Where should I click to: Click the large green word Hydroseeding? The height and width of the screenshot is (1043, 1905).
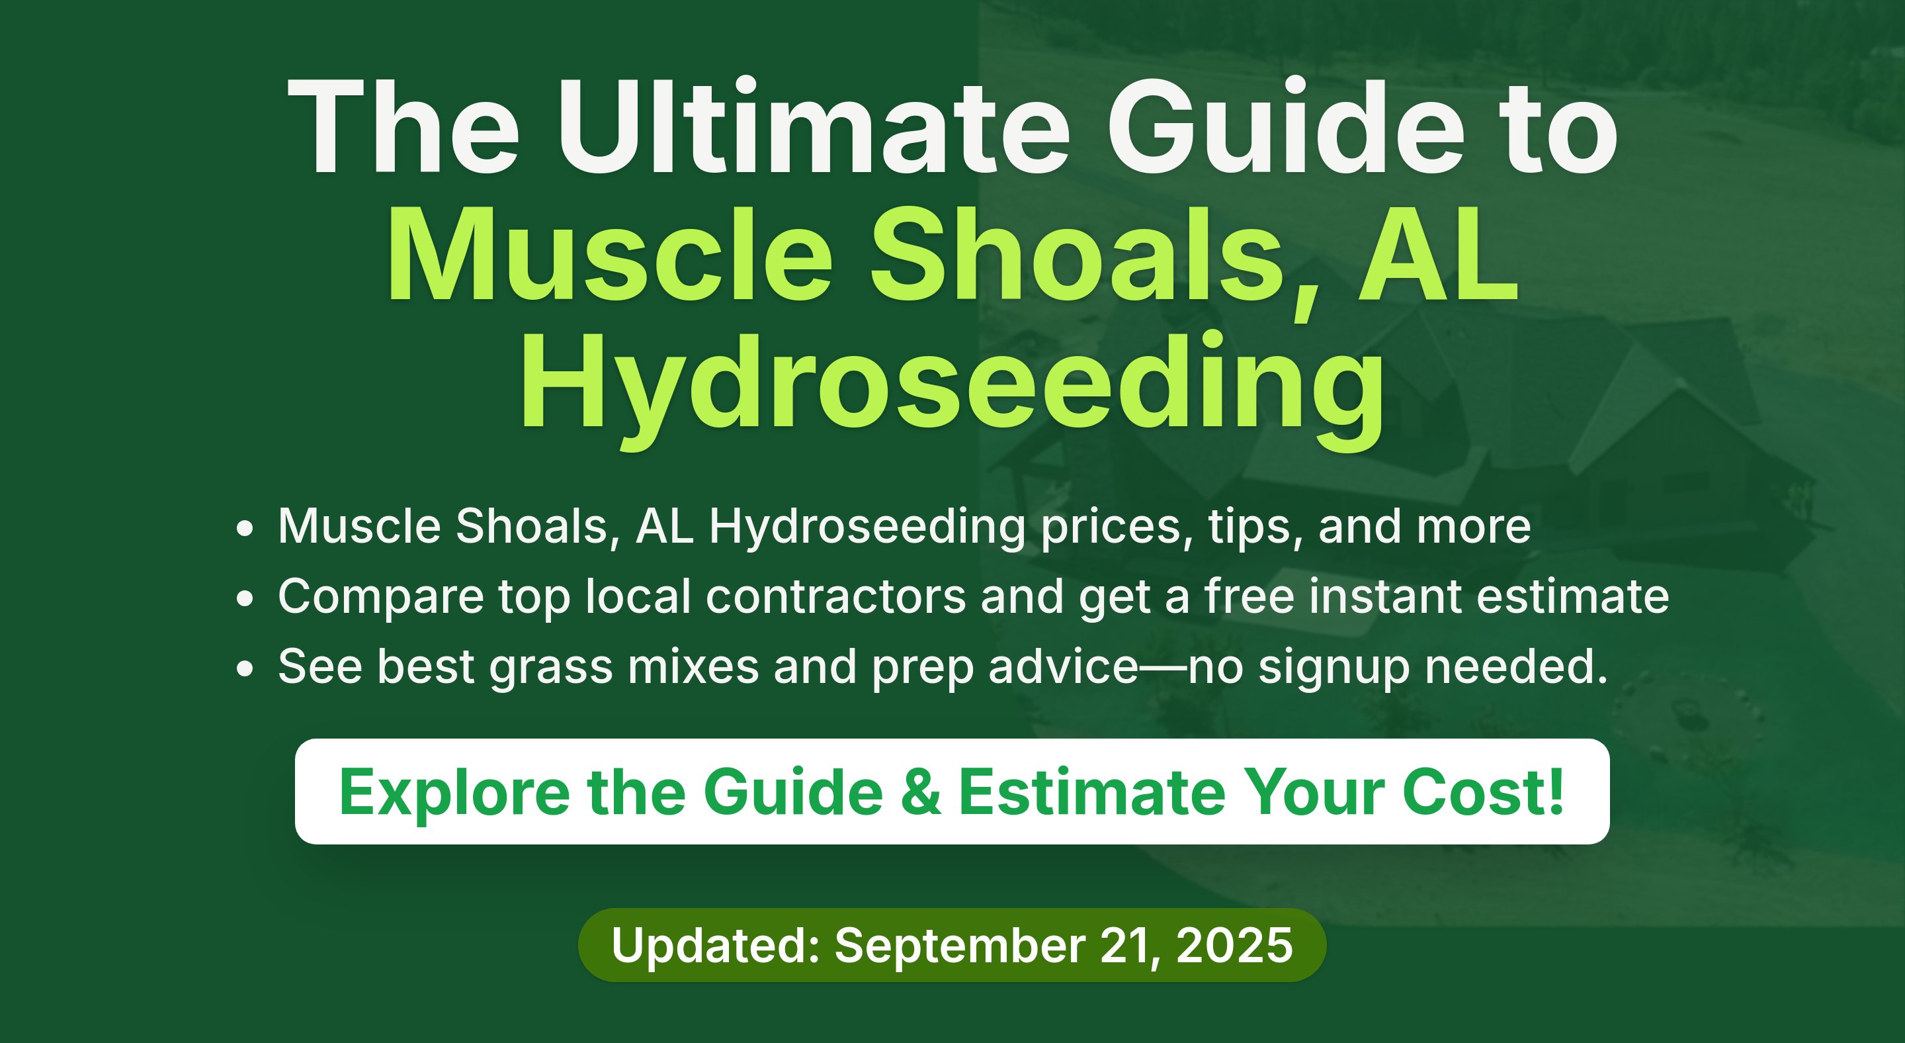pyautogui.click(x=952, y=388)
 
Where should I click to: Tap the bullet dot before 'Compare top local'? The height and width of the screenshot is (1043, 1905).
pyautogui.click(x=245, y=599)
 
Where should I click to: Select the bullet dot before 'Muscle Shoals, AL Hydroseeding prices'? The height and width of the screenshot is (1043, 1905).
pyautogui.click(x=245, y=529)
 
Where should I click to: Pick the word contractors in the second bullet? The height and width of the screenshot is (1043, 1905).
pyautogui.click(x=835, y=596)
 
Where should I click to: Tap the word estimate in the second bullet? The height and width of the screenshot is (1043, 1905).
pyautogui.click(x=1573, y=596)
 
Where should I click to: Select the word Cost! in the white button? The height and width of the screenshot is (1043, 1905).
pyautogui.click(x=1483, y=792)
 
